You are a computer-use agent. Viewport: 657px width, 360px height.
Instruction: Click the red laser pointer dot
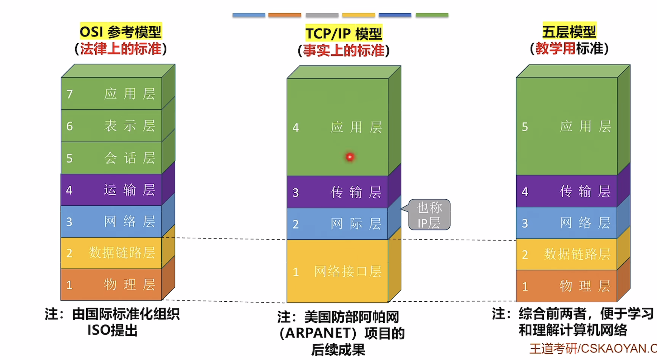coord(350,157)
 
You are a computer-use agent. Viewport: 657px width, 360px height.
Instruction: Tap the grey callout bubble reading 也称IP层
coord(429,215)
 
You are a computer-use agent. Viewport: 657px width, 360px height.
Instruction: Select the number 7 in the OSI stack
coord(69,94)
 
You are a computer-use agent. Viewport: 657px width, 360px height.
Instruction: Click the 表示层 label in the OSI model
coord(130,126)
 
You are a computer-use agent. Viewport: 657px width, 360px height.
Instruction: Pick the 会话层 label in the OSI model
coord(130,158)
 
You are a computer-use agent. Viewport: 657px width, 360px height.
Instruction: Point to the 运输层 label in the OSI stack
coord(130,190)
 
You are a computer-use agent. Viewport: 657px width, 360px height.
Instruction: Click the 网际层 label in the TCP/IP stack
coord(356,224)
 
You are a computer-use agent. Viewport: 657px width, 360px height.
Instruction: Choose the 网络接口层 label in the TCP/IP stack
coord(348,272)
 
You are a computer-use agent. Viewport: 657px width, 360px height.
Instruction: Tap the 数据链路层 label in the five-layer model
coord(577,254)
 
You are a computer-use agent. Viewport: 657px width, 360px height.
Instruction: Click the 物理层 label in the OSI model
coord(130,285)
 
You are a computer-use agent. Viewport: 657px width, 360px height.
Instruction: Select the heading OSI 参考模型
coord(121,32)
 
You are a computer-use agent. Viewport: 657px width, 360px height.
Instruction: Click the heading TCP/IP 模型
coord(344,34)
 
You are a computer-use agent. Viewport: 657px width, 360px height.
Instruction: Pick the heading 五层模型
coord(569,32)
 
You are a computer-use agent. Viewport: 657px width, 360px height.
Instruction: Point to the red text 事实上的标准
coord(344,50)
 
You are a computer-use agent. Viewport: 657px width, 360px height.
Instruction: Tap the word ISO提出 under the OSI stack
coord(112,330)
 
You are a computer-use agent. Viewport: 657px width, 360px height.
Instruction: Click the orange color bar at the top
coord(285,15)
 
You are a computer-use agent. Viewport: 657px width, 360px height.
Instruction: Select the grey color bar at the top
coord(322,15)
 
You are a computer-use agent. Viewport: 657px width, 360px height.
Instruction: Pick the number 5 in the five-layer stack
coord(525,127)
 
